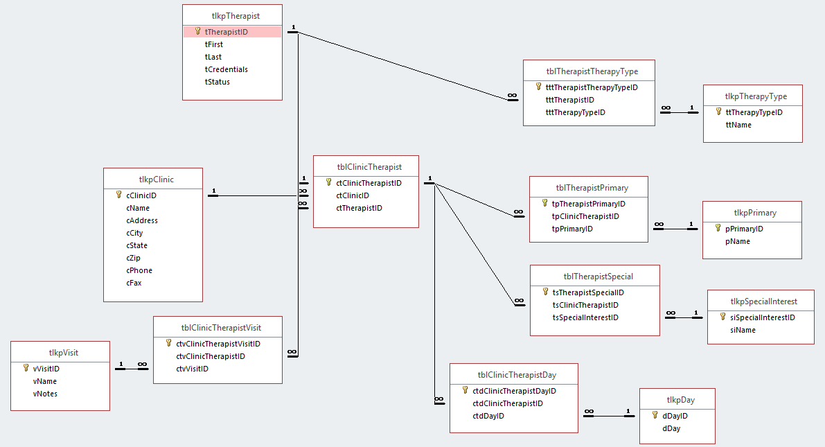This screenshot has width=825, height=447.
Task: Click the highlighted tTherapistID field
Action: coord(227,32)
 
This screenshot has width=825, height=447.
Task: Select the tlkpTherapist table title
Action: coord(236,16)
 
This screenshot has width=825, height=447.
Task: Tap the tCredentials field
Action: coord(227,69)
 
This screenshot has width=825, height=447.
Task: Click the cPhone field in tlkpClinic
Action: coord(139,270)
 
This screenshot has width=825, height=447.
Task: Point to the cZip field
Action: coord(133,258)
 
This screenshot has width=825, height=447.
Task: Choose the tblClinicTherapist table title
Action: coord(369,167)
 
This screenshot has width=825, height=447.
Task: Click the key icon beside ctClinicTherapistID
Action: coord(329,182)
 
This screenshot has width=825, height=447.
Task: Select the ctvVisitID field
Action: coord(192,369)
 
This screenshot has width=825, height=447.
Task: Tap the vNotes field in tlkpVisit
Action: coord(45,394)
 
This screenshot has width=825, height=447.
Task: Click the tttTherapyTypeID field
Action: coord(576,113)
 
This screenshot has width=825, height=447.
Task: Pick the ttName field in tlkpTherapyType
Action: coord(738,125)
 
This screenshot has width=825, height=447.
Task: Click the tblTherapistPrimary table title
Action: coord(592,188)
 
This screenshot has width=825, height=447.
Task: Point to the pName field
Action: coord(738,242)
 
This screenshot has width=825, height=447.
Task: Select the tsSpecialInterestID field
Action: coord(585,318)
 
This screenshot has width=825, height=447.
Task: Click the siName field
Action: coord(743,330)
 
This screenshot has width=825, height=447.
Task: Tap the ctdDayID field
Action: coord(488,417)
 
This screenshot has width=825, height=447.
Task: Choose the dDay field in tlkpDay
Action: coord(671,428)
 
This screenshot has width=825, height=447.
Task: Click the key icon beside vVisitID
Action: coord(26,368)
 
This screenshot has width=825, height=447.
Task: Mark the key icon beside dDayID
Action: coord(655,415)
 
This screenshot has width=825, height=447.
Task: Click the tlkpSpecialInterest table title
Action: coord(764,301)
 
